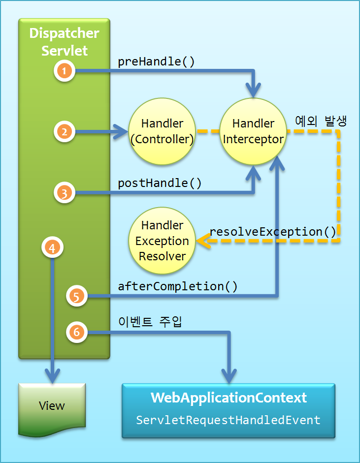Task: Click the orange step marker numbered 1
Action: coord(64,71)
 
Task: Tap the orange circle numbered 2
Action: coord(64,131)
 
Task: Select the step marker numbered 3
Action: coord(64,193)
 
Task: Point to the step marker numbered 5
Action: coord(76,296)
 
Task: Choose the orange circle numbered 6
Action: coord(76,333)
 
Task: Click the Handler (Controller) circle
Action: coord(162,131)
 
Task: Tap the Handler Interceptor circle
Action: coord(253,131)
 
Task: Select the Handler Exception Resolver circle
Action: coord(162,241)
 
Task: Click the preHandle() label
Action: coord(156,62)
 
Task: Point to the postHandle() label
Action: coord(160,183)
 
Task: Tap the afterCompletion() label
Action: coord(178,286)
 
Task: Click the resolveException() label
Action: coord(272,231)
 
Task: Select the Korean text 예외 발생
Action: coord(321,121)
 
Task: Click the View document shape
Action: coord(52,407)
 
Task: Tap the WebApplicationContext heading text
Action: coord(229,398)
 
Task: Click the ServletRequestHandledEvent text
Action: coord(229,420)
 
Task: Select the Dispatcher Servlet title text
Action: coord(64,42)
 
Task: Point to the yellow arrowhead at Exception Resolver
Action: coord(202,241)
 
